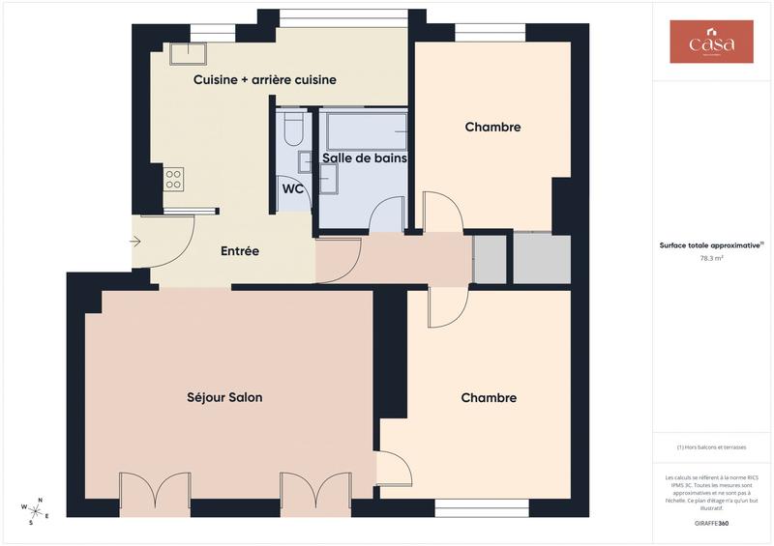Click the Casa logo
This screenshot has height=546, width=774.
pos(711,43)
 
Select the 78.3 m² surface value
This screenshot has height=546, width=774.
pos(711,259)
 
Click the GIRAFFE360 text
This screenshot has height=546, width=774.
pos(711,522)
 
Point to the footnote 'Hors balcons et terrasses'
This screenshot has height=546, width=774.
pos(711,446)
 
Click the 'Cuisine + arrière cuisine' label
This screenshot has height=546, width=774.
pos(264,79)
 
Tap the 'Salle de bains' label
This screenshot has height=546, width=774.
pos(364,158)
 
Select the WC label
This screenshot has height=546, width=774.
pos(293,188)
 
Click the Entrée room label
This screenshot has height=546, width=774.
pos(240,251)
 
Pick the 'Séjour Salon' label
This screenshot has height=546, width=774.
pos(224,397)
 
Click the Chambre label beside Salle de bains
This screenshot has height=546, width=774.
pos(492,127)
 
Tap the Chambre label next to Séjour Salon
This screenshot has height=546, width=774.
pos(489,397)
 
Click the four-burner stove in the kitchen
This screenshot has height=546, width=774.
pos(174,179)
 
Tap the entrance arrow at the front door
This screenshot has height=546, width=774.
pos(135,242)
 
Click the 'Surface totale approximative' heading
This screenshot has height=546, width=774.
pos(711,245)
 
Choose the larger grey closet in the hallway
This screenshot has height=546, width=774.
pos(542,258)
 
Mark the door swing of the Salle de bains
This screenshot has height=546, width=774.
pos(387,215)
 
